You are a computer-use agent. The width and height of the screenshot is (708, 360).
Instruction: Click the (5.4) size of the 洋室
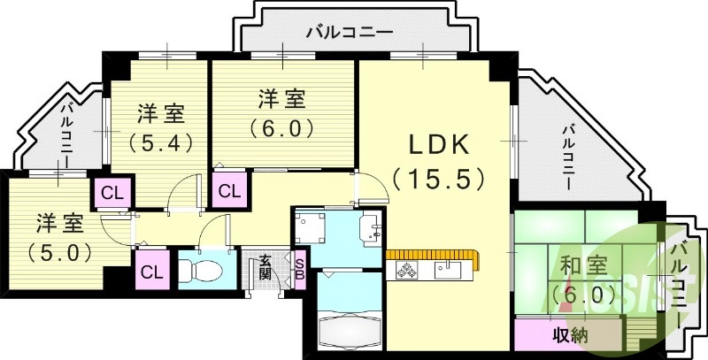(x=160, y=142)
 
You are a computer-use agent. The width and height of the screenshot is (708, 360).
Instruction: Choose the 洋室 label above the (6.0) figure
(x=281, y=96)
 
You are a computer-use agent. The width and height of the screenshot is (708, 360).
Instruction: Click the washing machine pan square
(x=311, y=228)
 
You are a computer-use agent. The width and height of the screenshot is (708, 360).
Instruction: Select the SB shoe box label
(x=299, y=264)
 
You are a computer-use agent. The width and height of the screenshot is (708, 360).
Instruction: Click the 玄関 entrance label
(x=265, y=265)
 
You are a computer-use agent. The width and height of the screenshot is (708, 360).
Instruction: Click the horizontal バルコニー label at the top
(x=349, y=33)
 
